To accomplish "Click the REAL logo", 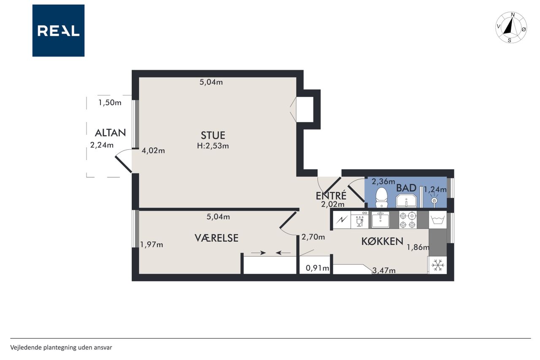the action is point(58,31).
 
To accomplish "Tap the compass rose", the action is point(511,27).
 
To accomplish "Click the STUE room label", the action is point(213,135).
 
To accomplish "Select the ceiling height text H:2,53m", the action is point(213,146).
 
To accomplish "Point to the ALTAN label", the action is point(111,133).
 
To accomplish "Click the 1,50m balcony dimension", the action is point(110,103).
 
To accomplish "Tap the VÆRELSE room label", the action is point(216,238).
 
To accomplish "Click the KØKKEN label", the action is point(382,241).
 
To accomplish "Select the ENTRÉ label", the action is point(331,195).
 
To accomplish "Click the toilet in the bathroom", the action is point(382,197).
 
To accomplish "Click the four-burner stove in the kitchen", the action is point(408,219).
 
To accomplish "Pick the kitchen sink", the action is point(380,219).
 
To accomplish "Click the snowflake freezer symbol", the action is point(437,265).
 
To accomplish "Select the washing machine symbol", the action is point(438,220).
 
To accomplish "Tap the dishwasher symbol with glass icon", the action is point(359,219).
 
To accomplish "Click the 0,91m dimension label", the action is point(317,268).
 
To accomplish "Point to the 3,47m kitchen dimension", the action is point(384,271).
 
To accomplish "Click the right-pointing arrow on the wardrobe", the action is point(259,253).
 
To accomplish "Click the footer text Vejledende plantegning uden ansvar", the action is point(61,347).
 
